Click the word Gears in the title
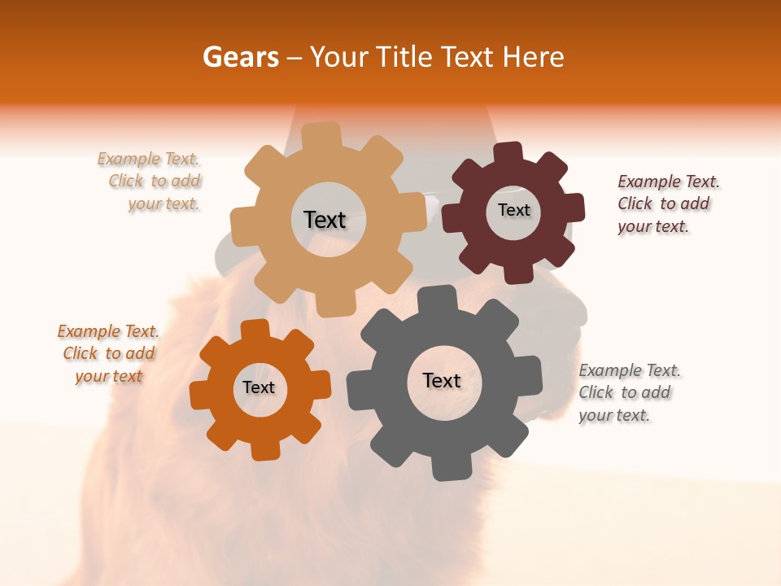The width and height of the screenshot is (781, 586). coord(240,57)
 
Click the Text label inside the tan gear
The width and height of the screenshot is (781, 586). coord(325,220)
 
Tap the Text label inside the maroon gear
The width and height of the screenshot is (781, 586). coord(513,210)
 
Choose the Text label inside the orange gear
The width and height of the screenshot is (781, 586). coord(259,387)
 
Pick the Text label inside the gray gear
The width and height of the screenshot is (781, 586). coord(441,380)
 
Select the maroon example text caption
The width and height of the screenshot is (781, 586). coord(665,204)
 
